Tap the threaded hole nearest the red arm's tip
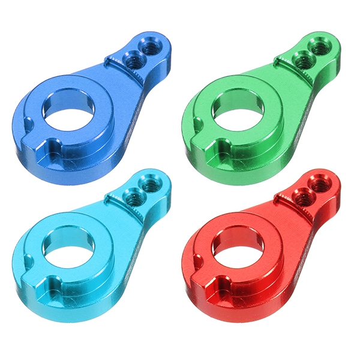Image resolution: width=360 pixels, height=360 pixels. (318, 181)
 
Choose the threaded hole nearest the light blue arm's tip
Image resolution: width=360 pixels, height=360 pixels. (149, 181)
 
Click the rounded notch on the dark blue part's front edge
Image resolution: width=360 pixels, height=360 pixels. (54, 145)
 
